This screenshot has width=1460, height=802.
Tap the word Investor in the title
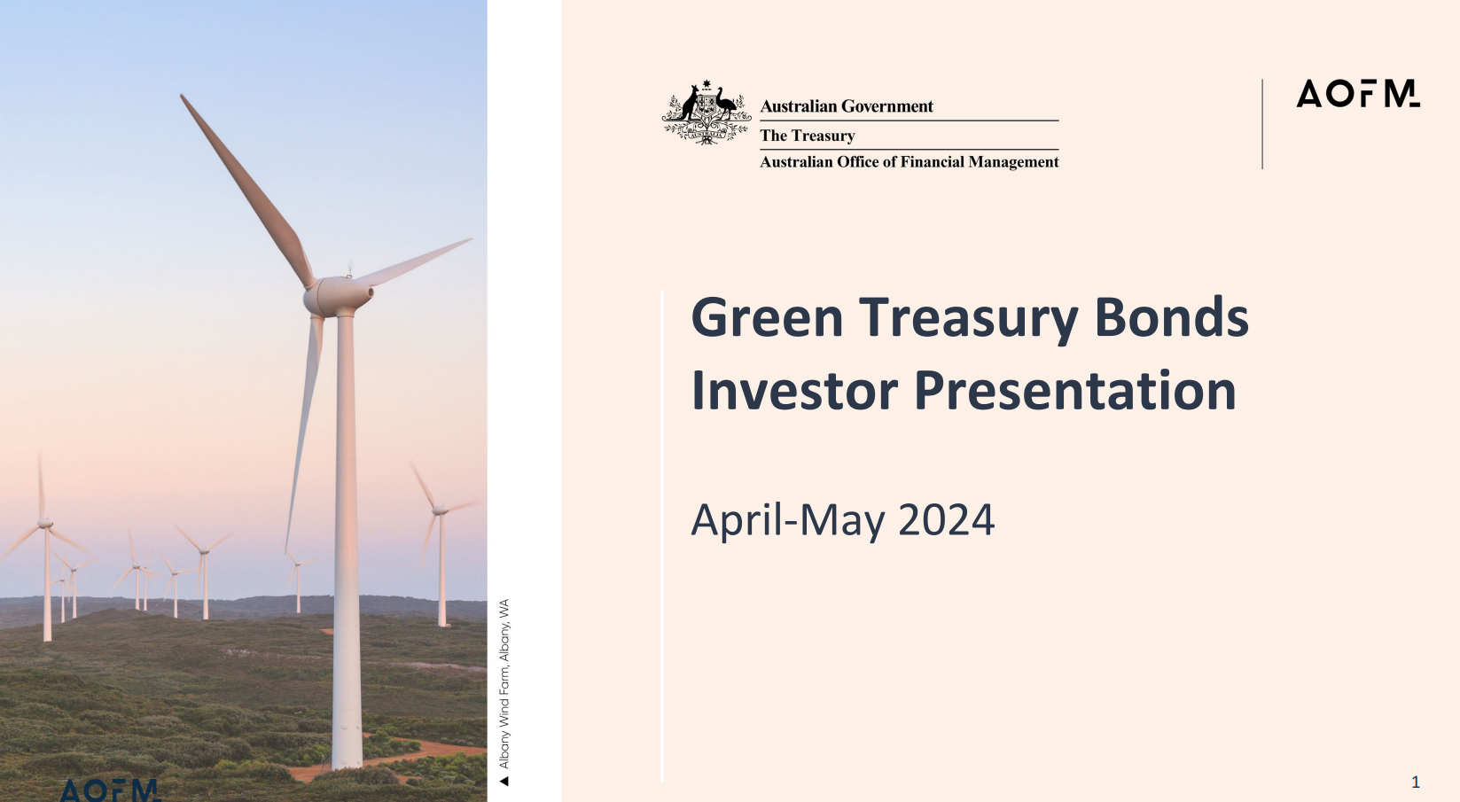coord(793,391)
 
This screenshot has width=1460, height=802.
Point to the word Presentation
coord(1074,391)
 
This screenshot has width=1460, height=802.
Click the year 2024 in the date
coord(946,520)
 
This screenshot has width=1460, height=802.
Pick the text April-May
coord(787,520)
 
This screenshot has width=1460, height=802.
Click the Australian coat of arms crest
coord(707,113)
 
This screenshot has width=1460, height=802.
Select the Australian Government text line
coord(847,106)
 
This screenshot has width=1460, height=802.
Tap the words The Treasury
coord(808,136)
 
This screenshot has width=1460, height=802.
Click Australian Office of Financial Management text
coord(910,162)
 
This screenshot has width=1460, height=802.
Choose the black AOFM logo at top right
coord(1357,94)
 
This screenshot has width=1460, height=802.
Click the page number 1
coord(1416,782)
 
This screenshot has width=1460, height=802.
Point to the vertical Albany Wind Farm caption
coord(504,684)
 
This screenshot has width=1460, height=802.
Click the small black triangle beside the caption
coord(504,782)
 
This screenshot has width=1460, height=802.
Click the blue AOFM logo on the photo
coord(110,790)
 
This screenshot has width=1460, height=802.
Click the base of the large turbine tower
coord(347,758)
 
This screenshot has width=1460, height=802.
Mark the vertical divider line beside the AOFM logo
coord(1262,124)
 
